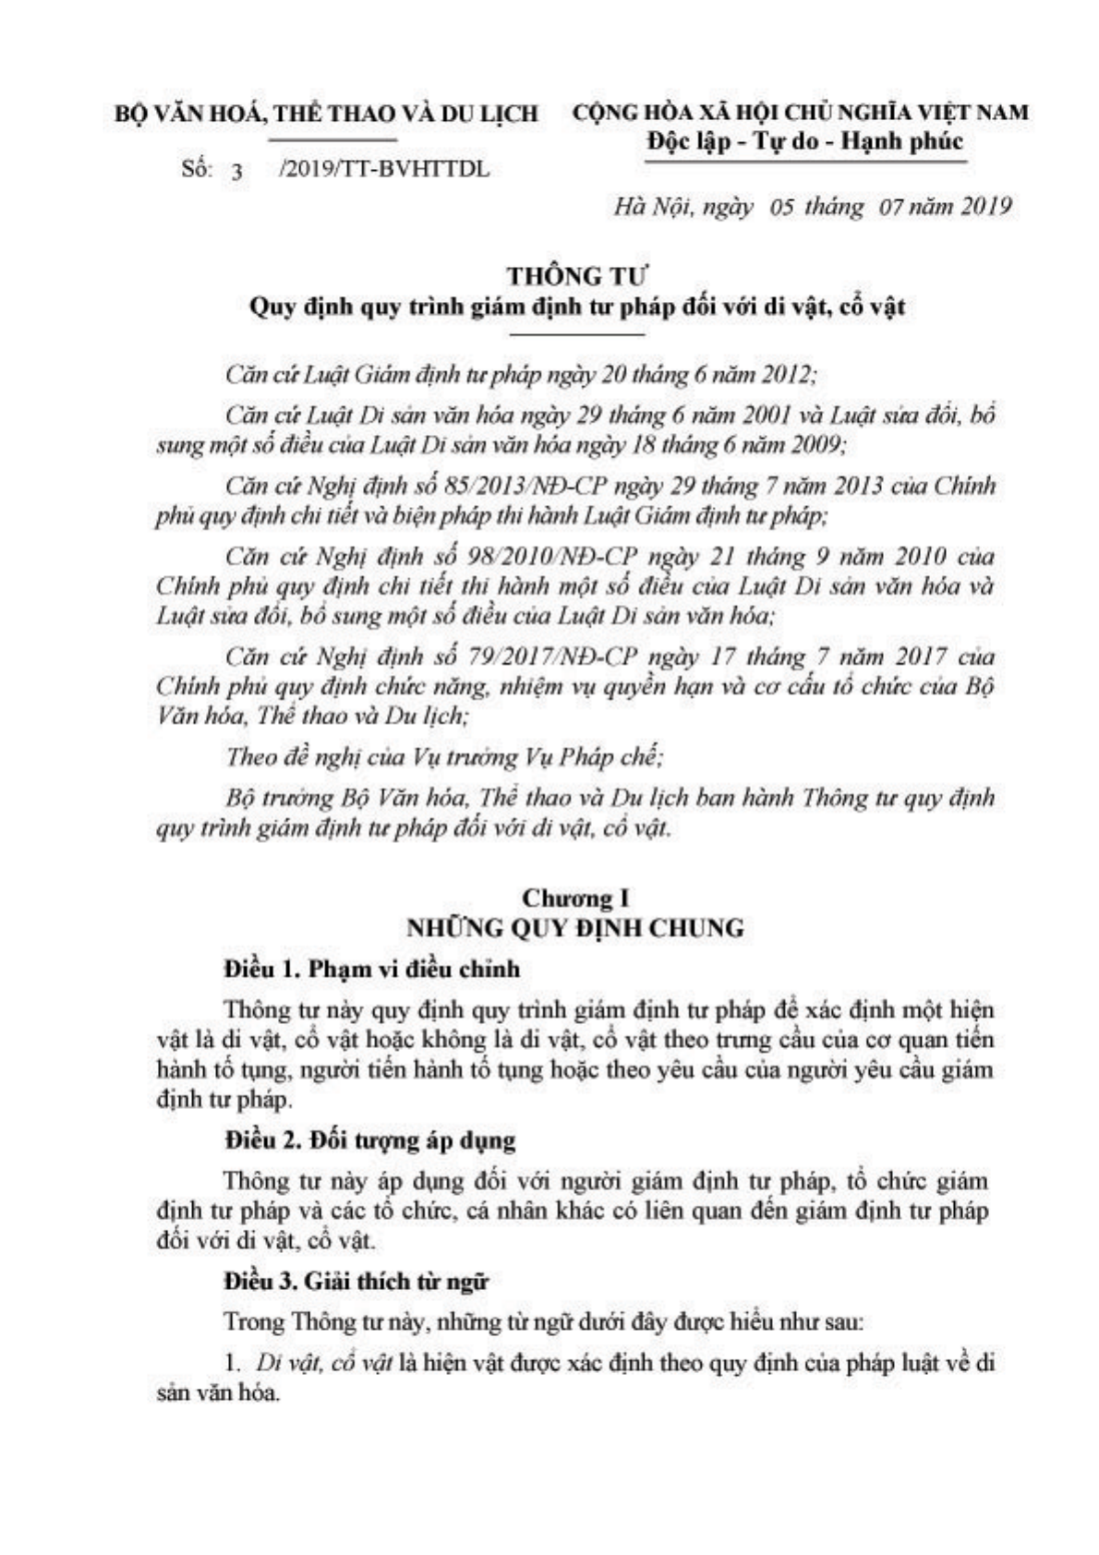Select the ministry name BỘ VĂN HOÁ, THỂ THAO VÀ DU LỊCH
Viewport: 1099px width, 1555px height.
point(326,114)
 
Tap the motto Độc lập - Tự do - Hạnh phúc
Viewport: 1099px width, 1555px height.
point(803,141)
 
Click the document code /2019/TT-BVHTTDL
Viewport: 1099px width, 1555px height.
point(383,170)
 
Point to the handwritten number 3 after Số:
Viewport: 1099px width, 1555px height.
point(237,172)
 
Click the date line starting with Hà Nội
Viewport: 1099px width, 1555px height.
point(813,206)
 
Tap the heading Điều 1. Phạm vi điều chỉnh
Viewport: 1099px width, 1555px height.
point(372,969)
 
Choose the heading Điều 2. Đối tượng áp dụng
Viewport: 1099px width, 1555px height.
point(369,1139)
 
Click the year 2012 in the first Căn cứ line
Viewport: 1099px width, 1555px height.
point(783,375)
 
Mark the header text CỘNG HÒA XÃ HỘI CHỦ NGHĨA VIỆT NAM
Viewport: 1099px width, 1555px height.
point(800,113)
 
